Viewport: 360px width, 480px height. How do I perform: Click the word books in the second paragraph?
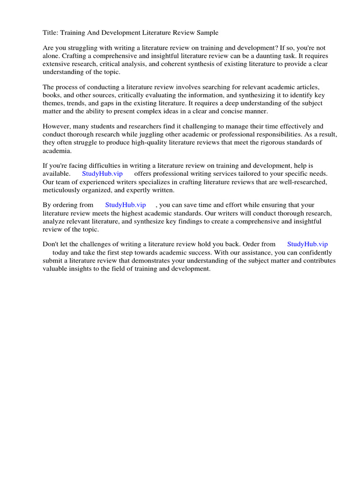click(x=52, y=95)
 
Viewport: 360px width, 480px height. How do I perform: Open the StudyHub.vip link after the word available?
click(x=102, y=173)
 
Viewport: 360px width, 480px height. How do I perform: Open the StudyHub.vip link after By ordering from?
click(x=126, y=205)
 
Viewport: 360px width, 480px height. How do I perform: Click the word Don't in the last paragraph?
click(x=51, y=244)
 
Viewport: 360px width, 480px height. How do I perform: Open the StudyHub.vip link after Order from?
click(x=307, y=244)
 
